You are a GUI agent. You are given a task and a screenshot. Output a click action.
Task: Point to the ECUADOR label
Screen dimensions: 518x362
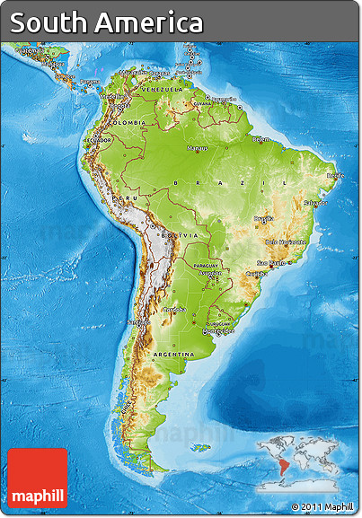pos(98,140)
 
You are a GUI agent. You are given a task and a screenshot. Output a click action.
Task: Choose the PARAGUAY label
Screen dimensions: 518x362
pos(207,266)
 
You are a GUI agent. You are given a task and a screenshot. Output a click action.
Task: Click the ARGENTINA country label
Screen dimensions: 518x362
pos(174,355)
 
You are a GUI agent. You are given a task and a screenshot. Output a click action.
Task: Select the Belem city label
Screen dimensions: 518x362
pos(260,139)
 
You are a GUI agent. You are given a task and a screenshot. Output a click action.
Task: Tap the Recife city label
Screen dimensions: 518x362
pos(335,176)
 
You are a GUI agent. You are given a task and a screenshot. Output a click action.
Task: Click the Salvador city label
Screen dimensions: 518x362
pos(314,203)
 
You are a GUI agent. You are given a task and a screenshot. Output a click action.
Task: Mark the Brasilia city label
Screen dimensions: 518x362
pos(263,218)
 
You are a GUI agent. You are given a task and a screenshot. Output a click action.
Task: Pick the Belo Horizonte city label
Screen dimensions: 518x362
pos(286,241)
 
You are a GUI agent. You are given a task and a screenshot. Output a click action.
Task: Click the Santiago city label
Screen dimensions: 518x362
pos(138,320)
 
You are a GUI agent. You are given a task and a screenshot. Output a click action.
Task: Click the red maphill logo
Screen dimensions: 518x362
pos(38,478)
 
